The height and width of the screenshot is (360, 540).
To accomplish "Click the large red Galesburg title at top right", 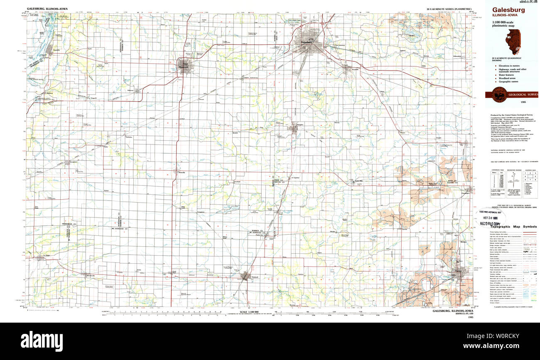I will coord(509,10).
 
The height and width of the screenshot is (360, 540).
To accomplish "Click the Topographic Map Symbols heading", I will coord(513,227).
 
